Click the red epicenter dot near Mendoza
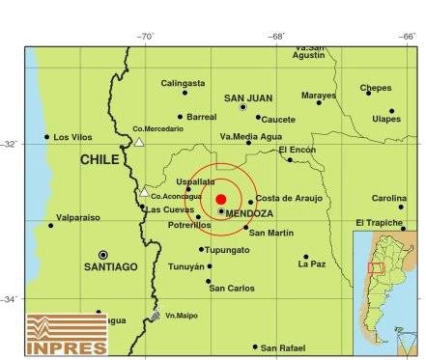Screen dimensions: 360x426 (x=221, y=199)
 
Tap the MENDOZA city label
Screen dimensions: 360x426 (x=249, y=212)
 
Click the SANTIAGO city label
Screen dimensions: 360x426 (x=110, y=266)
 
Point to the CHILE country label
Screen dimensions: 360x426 (x=99, y=159)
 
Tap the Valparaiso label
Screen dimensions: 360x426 (x=78, y=218)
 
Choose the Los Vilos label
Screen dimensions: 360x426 (x=73, y=137)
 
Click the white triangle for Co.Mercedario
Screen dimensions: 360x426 (x=139, y=142)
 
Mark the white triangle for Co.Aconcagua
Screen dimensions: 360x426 (x=144, y=191)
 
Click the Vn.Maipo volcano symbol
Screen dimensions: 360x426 (x=156, y=316)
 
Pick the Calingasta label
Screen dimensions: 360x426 (x=184, y=83)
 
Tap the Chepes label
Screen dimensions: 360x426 (x=376, y=88)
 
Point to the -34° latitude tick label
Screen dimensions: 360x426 (x=12, y=298)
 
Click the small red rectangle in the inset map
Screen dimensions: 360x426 (x=377, y=267)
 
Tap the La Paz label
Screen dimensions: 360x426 (x=312, y=263)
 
